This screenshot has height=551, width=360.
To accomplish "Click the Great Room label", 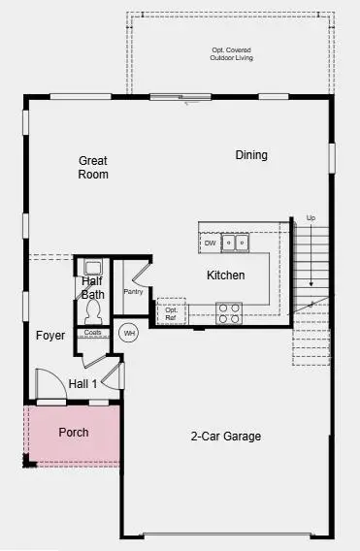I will pyautogui.click(x=93, y=167).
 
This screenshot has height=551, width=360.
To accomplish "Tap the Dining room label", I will pyautogui.click(x=251, y=155).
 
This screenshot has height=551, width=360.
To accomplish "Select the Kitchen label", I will pyautogui.click(x=225, y=275).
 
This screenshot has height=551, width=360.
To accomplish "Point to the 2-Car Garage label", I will pyautogui.click(x=225, y=437).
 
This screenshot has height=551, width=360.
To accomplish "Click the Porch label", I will pyautogui.click(x=74, y=432).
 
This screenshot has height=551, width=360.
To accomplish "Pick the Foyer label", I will pyautogui.click(x=50, y=336).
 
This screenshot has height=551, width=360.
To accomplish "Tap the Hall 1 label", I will pyautogui.click(x=82, y=384).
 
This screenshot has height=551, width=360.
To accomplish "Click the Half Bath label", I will pyautogui.click(x=92, y=288).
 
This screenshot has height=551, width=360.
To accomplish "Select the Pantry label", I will pyautogui.click(x=133, y=291).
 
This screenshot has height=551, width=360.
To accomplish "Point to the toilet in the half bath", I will pyautogui.click(x=94, y=310).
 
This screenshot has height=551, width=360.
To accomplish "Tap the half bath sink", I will pyautogui.click(x=93, y=268).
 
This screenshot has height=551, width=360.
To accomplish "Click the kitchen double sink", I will pyautogui.click(x=235, y=243).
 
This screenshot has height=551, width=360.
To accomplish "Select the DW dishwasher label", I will pyautogui.click(x=210, y=243).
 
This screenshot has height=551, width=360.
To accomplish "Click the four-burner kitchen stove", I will pyautogui.click(x=228, y=312).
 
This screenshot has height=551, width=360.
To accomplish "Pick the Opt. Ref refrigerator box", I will pyautogui.click(x=171, y=311).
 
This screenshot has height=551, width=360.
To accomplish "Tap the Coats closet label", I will pyautogui.click(x=93, y=333).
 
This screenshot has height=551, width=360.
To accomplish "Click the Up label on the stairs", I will pyautogui.click(x=311, y=217).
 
